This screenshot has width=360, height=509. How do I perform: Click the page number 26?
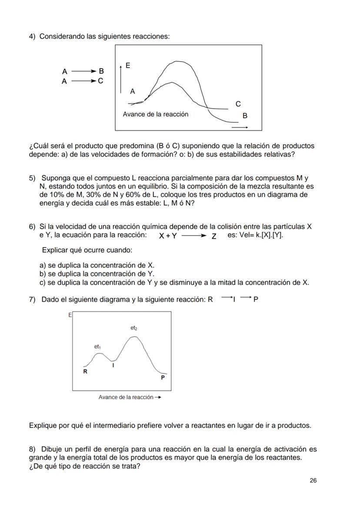tap(313, 480)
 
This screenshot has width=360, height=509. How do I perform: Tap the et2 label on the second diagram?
tap(134, 328)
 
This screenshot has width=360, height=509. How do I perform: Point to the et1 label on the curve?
tap(97, 346)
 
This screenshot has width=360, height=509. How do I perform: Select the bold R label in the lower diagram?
tap(85, 372)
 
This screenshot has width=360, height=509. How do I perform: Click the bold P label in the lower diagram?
tap(163, 378)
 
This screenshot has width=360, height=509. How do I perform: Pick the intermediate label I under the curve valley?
tap(113, 366)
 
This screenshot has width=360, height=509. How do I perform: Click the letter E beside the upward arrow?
tap(128, 65)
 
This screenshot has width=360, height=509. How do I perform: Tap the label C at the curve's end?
tap(238, 104)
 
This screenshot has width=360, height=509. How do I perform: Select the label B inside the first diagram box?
tap(245, 116)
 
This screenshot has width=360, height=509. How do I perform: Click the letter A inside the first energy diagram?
tap(133, 91)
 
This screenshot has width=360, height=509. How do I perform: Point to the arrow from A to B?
tap(83, 71)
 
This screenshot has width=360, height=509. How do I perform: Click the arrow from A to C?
tap(83, 81)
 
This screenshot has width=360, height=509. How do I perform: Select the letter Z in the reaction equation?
tap(213, 236)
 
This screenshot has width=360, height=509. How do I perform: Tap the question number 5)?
tap(32, 179)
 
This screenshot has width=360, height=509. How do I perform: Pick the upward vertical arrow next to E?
tap(121, 79)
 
